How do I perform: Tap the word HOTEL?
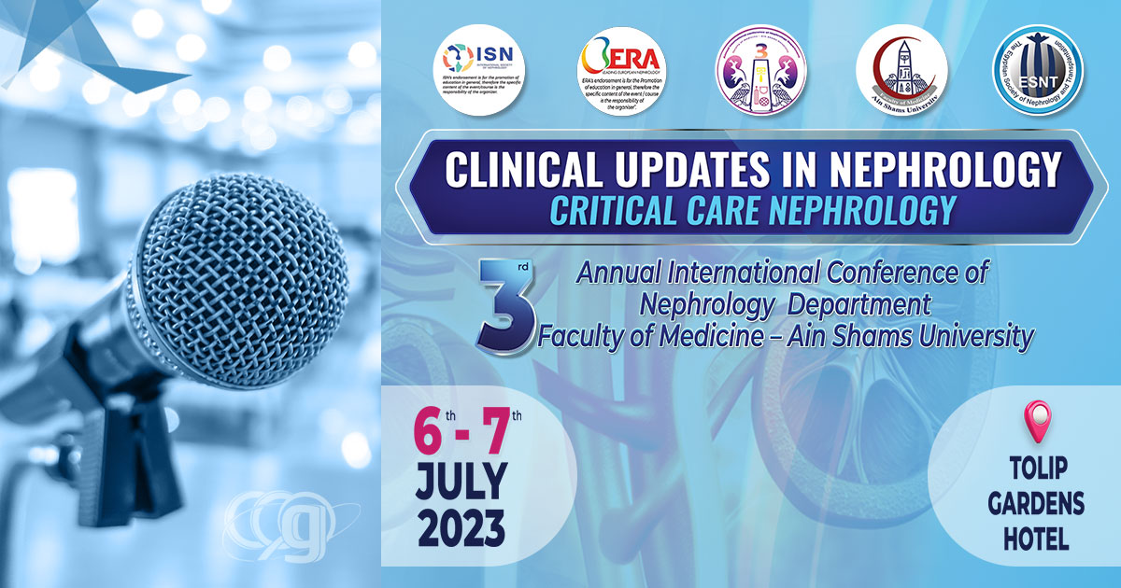point(1036,539)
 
